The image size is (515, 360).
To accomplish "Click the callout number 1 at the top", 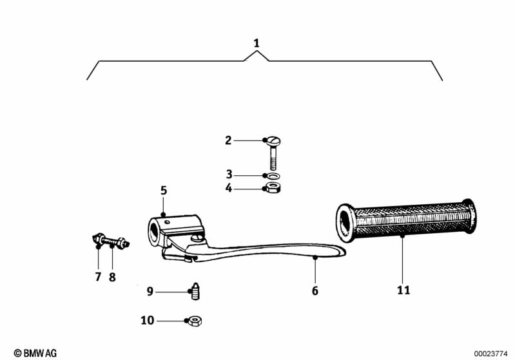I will point(257,43).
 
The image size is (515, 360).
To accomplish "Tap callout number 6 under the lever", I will point(315,290).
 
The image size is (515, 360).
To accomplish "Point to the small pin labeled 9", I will point(193,292).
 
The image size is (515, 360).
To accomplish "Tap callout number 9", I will point(150,292).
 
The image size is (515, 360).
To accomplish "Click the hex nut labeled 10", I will point(193,320).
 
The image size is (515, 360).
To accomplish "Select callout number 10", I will point(148,320).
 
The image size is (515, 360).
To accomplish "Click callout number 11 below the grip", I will point(403,290).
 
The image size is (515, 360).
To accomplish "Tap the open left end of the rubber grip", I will point(345,222).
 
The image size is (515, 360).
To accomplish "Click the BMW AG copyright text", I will point(35,353).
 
